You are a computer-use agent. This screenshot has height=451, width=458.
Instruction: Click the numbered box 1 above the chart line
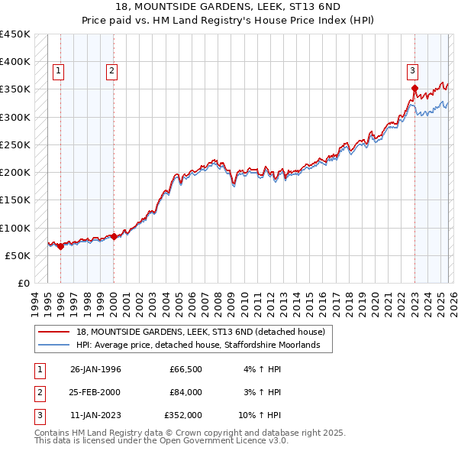(59, 71)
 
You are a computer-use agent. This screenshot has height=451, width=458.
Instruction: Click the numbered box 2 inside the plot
(111, 71)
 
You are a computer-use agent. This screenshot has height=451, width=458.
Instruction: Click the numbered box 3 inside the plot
(412, 71)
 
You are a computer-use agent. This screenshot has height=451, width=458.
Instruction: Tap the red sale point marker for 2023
(414, 89)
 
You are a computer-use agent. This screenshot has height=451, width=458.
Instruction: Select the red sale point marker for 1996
(60, 246)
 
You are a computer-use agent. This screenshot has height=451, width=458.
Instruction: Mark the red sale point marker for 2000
(114, 236)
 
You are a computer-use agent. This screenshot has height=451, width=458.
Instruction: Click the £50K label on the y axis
(18, 255)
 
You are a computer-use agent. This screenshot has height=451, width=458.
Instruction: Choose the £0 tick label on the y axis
(24, 283)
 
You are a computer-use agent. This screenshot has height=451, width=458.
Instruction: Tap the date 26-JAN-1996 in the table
(95, 369)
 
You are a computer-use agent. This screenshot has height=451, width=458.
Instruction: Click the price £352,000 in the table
(183, 415)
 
